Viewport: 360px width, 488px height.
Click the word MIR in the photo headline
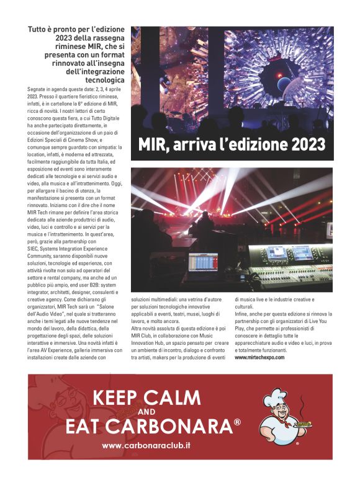click(x=152, y=144)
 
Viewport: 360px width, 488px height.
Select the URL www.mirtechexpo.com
click(x=260, y=357)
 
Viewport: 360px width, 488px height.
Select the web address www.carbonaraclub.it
click(x=146, y=446)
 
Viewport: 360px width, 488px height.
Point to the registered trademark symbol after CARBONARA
click(x=237, y=423)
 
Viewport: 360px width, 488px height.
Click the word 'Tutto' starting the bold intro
click(x=40, y=29)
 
